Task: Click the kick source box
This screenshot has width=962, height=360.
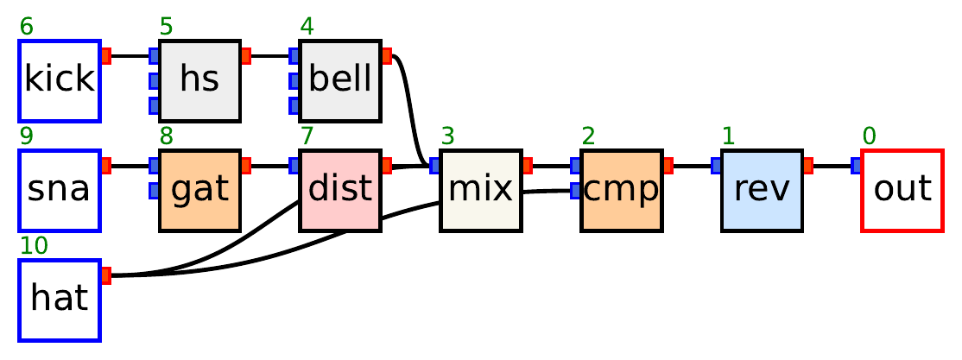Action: coord(60,80)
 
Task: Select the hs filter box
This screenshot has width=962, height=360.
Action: coord(199,80)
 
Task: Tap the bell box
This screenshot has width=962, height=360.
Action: coord(340,80)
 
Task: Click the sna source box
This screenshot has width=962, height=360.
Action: coord(60,190)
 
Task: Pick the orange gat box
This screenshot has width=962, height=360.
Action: coord(199,190)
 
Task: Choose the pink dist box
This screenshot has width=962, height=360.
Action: coord(340,190)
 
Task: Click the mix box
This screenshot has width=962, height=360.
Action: coord(481,190)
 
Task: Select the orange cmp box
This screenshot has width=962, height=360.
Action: coord(622,190)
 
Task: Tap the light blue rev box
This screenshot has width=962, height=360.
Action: coord(763,190)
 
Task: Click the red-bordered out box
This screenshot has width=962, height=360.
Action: coord(902,190)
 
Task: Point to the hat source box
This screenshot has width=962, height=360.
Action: coord(60,300)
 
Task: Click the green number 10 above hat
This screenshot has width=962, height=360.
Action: coord(34,246)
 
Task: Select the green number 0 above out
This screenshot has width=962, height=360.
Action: coord(869,136)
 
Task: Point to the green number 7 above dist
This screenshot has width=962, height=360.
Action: coord(307,136)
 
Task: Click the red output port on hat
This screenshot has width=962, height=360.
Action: coord(106,275)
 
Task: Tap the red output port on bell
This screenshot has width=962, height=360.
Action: coord(387,56)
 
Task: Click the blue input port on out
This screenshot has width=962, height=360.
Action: coord(857,166)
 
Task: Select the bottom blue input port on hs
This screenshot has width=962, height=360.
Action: coord(154,105)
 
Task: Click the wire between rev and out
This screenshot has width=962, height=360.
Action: coord(832,166)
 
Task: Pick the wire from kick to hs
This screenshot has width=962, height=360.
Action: coord(130,56)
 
